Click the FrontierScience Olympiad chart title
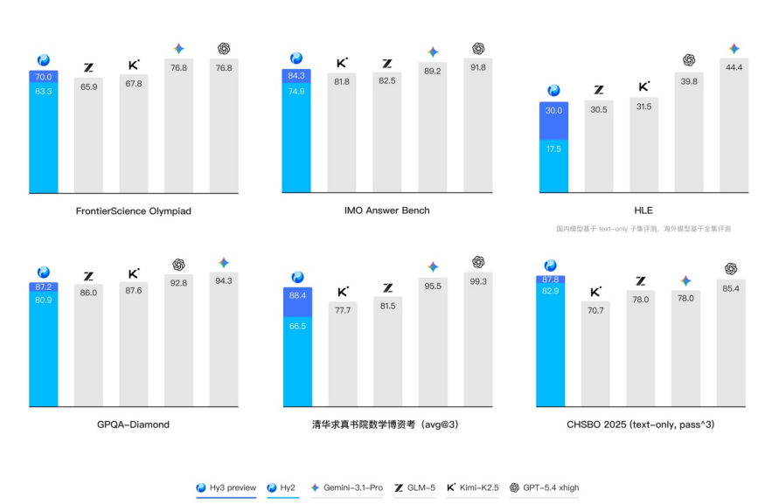(x=133, y=211)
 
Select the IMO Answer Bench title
(x=386, y=211)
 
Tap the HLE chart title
(x=643, y=211)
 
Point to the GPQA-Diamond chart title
(x=133, y=425)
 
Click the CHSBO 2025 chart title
(x=643, y=425)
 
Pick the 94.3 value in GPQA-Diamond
(x=223, y=280)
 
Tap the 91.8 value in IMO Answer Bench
(x=478, y=67)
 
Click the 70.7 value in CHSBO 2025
(x=595, y=310)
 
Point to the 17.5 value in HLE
(x=553, y=149)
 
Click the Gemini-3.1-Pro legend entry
(x=346, y=487)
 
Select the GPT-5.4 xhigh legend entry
(x=545, y=487)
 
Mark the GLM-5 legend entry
(x=415, y=487)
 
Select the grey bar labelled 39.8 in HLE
(x=688, y=140)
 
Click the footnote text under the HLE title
(x=643, y=229)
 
